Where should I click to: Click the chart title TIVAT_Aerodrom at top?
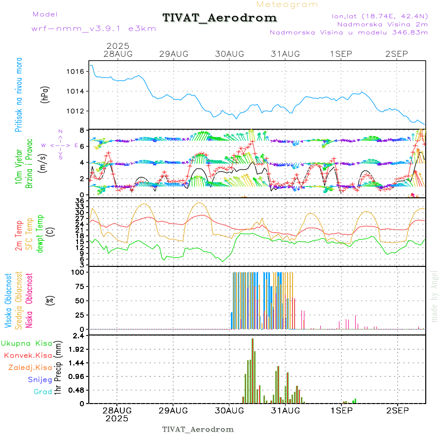tap(220, 18)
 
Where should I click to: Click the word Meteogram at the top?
tap(287, 4)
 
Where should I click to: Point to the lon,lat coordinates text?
tap(380, 16)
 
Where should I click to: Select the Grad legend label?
tap(42, 392)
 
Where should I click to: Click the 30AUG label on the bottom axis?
tap(229, 410)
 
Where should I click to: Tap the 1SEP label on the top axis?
tap(341, 54)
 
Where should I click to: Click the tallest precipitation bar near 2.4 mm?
tap(252, 370)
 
